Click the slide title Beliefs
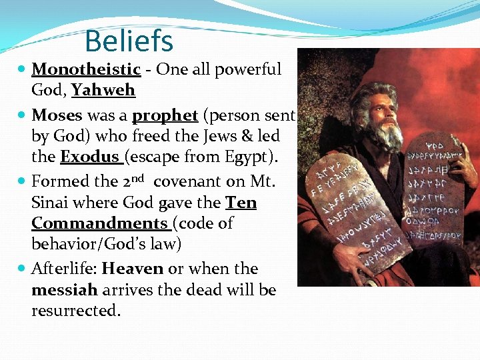pyautogui.click(x=129, y=41)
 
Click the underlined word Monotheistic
pyautogui.click(x=86, y=69)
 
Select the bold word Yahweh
pyautogui.click(x=103, y=90)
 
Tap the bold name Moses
pyautogui.click(x=57, y=115)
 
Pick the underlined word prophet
pyautogui.click(x=165, y=115)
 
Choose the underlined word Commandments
pyautogui.click(x=99, y=223)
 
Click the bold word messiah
pyautogui.click(x=65, y=290)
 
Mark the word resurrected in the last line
pyautogui.click(x=75, y=311)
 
